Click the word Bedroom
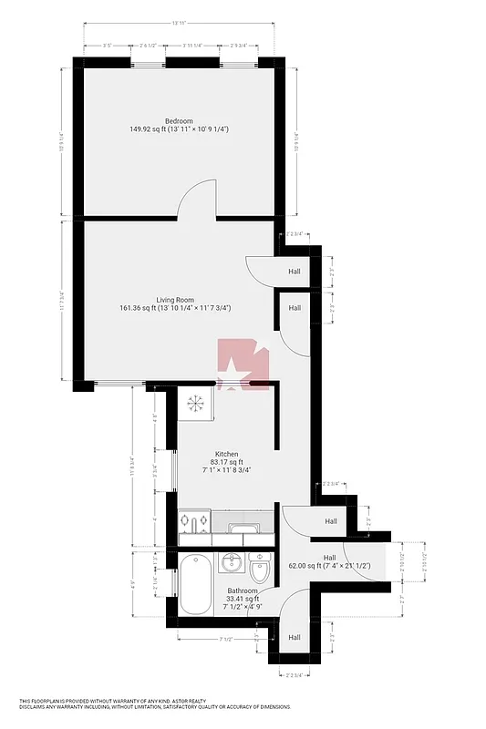pyautogui.click(x=179, y=121)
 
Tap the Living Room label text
pyautogui.click(x=174, y=299)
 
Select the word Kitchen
pyautogui.click(x=226, y=454)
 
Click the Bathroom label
pyautogui.click(x=243, y=590)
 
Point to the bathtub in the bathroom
pyautogui.click(x=196, y=584)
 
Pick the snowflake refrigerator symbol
pyautogui.click(x=193, y=403)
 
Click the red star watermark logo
pyautogui.click(x=242, y=364)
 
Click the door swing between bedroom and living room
pyautogui.click(x=198, y=199)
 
